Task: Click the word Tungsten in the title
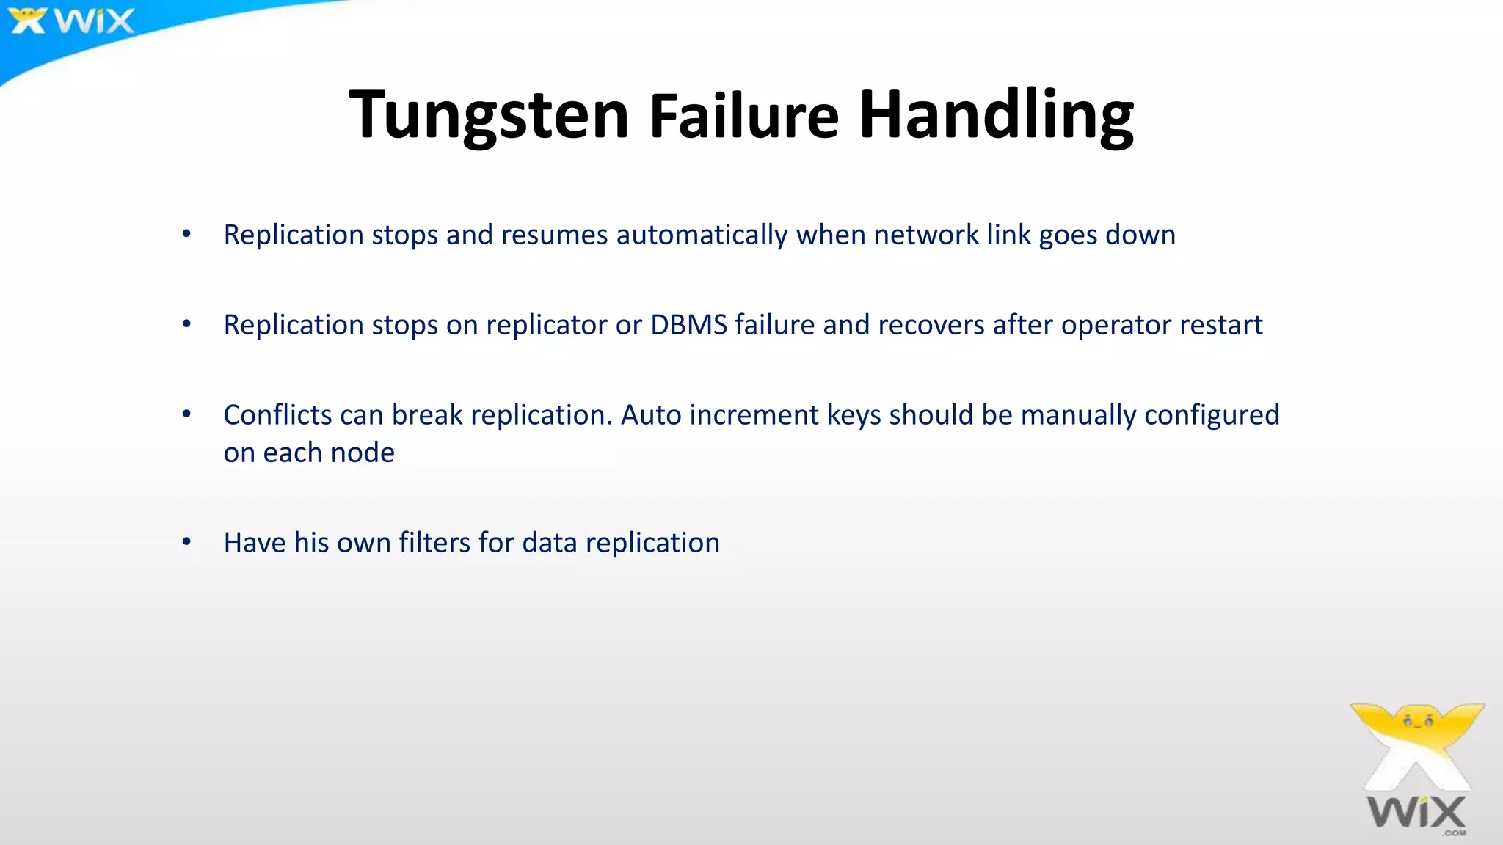[x=489, y=115]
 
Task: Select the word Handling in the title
[x=996, y=115]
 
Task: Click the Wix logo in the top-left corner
[x=72, y=21]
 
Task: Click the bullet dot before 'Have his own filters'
[x=186, y=542]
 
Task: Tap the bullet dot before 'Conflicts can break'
[x=186, y=414]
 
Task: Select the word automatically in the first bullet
[x=702, y=235]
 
